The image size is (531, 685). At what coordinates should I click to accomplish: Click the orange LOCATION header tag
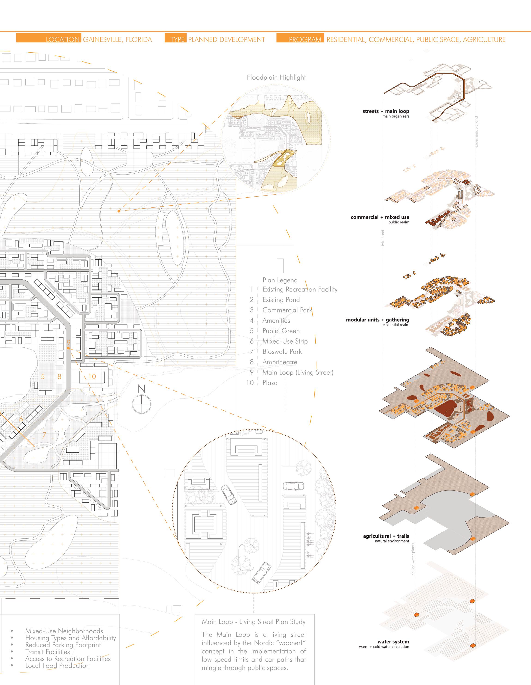pos(49,39)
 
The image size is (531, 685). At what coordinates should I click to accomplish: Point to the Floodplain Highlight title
pos(276,77)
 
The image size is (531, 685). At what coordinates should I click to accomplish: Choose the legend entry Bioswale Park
pos(282,352)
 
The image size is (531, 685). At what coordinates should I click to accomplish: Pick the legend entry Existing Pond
pos(281,300)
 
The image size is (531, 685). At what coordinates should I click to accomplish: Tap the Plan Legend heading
pos(280,280)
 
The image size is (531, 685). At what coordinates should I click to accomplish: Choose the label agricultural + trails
pos(386,536)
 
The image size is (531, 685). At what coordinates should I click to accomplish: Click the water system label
pos(393,642)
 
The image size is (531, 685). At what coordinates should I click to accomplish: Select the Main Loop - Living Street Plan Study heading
pos(253,622)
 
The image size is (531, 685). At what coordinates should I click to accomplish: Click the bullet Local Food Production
pos(57,666)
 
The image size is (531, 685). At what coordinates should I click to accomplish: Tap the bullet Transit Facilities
pos(48,652)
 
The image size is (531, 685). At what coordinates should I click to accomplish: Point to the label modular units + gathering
pos(377,320)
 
